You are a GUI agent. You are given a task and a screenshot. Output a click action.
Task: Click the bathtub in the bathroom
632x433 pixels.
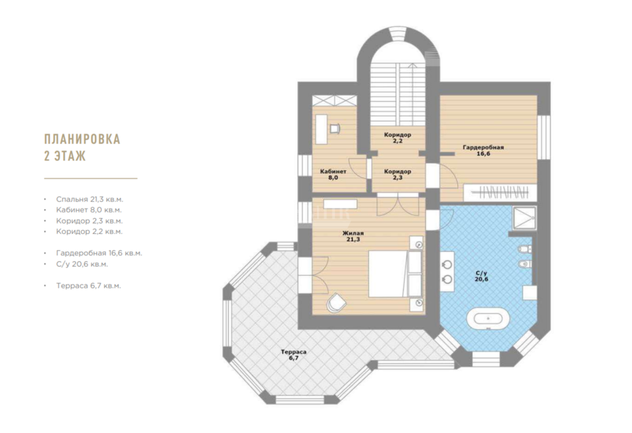pyautogui.click(x=488, y=319)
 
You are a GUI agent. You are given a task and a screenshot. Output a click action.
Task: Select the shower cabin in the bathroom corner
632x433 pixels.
pyautogui.click(x=525, y=218)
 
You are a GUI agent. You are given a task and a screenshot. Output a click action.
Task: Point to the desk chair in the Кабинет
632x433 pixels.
pyautogui.click(x=335, y=128)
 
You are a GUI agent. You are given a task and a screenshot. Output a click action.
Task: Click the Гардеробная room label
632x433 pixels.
pyautogui.click(x=483, y=147)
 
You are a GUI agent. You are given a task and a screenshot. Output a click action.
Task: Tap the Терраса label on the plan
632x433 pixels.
pyautogui.click(x=293, y=352)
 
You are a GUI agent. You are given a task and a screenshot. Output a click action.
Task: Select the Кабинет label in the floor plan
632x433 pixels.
pyautogui.click(x=333, y=171)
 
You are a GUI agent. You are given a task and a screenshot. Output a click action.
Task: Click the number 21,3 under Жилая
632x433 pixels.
pyautogui.click(x=353, y=240)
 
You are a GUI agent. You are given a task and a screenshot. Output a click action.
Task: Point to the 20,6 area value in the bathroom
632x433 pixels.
pyautogui.click(x=481, y=279)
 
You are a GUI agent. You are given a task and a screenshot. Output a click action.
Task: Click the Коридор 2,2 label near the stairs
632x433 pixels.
pyautogui.click(x=398, y=138)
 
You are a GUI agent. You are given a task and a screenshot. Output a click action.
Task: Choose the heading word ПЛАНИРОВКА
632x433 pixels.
pyautogui.click(x=82, y=138)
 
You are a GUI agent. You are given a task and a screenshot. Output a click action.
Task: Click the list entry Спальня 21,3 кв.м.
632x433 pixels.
pyautogui.click(x=90, y=199)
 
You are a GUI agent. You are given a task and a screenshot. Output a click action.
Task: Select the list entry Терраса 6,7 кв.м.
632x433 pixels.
pyautogui.click(x=88, y=286)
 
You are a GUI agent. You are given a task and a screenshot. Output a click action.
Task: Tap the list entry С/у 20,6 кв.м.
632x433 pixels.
pyautogui.click(x=82, y=264)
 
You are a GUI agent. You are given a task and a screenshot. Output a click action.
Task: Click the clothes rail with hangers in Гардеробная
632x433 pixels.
pyautogui.click(x=500, y=192)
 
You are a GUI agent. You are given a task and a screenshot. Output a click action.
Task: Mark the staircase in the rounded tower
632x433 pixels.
pyautogui.click(x=398, y=94)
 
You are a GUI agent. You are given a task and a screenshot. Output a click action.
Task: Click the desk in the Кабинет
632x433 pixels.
pyautogui.click(x=321, y=129)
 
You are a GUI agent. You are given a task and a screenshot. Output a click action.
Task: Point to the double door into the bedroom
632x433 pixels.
pyautogui.click(x=398, y=204)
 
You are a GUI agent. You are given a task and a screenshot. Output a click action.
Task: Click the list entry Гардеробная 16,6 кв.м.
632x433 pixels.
pyautogui.click(x=99, y=253)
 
